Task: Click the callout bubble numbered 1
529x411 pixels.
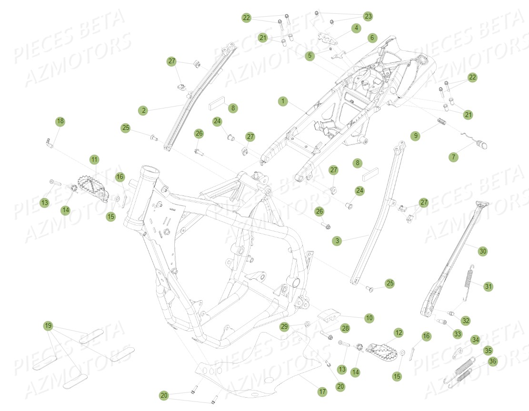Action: [282, 101]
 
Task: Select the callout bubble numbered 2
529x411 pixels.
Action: [143, 110]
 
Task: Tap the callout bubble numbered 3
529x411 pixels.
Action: [337, 241]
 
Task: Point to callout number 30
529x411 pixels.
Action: [483, 251]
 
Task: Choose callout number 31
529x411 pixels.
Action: [489, 286]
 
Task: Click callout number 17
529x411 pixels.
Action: [322, 391]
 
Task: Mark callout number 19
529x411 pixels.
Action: [48, 326]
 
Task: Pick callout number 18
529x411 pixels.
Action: [60, 122]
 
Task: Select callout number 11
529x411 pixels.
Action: [94, 159]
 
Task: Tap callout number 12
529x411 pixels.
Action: [398, 332]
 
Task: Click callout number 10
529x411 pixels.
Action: [369, 317]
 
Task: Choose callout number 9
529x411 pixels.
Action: [416, 136]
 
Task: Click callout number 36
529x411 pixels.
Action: [492, 362]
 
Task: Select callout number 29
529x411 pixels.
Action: [284, 326]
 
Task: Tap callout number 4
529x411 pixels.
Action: [356, 28]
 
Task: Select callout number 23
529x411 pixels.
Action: [368, 16]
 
